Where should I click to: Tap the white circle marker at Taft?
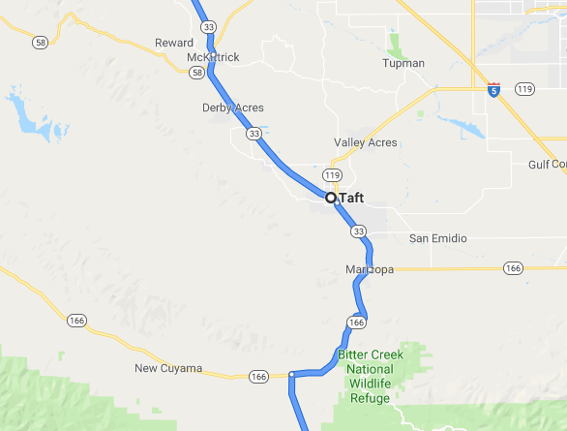pos(331,197)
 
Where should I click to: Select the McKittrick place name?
pos(212,57)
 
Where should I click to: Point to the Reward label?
pos(174,43)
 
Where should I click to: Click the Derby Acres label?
pos(232,108)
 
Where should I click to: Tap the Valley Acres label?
pos(365,142)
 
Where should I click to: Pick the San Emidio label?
pos(437,238)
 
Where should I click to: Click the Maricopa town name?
pos(369,269)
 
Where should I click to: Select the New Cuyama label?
pos(168,368)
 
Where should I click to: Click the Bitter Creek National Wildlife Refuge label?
pos(366,376)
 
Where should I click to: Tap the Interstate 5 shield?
pos(493,89)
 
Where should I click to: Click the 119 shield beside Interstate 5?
pos(525,89)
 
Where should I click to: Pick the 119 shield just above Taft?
pos(333,175)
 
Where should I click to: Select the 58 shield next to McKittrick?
pos(197,73)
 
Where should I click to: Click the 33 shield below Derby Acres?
pos(253,132)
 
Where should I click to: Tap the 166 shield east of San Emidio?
pos(513,267)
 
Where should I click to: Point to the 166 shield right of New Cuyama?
pos(257,376)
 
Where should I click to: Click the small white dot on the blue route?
pos(291,374)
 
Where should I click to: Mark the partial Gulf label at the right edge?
pos(549,165)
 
